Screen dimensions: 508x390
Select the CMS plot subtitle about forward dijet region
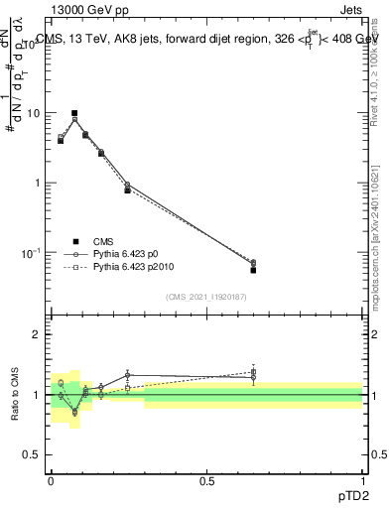click(202, 40)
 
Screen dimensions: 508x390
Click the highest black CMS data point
click(74, 114)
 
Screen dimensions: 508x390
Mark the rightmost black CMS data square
click(253, 270)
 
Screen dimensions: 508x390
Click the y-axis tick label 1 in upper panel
click(37, 184)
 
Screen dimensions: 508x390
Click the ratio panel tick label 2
click(37, 334)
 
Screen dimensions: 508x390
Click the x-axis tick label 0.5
click(206, 480)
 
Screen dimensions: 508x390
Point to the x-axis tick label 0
click(51, 480)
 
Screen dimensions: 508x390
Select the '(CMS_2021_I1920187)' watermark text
click(205, 297)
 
